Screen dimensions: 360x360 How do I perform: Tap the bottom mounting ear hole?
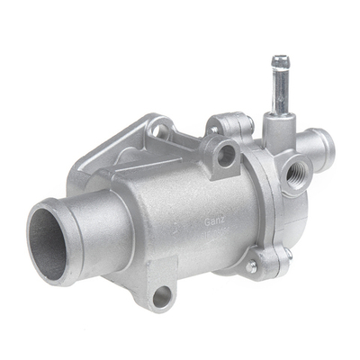coord(161,296)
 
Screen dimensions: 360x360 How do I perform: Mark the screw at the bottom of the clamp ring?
coord(252,267)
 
